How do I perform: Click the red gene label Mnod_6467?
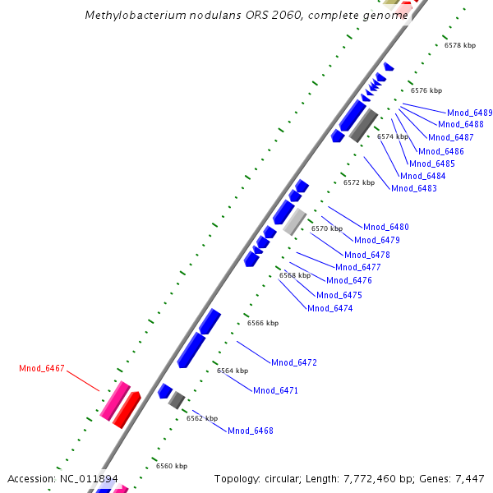coord(41,368)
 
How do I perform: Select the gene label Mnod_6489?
coord(470,113)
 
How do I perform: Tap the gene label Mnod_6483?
coord(414,188)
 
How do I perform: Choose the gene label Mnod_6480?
coord(386,227)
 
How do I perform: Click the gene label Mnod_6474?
coord(329,308)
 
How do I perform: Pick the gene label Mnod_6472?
coord(294,362)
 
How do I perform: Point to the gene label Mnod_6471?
coord(275,390)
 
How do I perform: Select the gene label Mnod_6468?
coord(251,431)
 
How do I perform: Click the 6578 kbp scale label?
coord(459,45)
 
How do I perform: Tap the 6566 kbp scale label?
coord(263,323)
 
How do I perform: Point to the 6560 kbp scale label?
coord(172,466)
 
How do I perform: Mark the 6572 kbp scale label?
coord(359,182)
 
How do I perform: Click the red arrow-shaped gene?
coord(126,409)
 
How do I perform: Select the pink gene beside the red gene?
coord(115,400)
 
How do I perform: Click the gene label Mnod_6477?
coord(358,267)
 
